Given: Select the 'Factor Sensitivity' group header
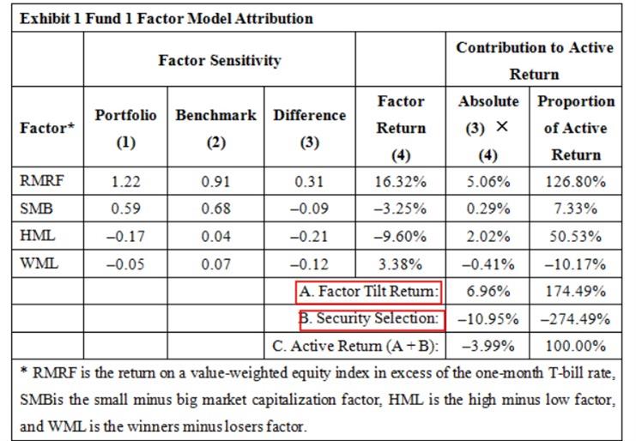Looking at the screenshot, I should coord(219,61).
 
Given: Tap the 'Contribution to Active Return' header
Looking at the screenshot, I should coord(535,60).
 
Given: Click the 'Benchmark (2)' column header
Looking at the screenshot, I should coord(215,128).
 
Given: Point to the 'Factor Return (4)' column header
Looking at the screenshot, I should coord(401,128).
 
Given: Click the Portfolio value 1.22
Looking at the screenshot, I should coord(125,182).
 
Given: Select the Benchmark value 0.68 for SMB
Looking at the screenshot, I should coord(215,209).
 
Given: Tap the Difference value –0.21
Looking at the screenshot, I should coord(309,237).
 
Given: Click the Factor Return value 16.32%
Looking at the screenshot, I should coord(401,182).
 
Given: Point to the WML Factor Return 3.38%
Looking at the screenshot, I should coord(401,264).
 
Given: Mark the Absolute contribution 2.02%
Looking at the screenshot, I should coord(488,237).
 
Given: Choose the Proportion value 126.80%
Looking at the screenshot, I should coord(576,182).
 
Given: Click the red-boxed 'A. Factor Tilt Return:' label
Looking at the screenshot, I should coord(370,292).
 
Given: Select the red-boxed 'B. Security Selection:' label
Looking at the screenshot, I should coord(372,319).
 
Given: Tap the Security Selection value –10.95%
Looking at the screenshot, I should coord(488,319).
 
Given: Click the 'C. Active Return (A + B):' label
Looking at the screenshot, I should coord(354,347).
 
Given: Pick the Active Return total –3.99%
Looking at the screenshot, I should coord(488,347).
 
